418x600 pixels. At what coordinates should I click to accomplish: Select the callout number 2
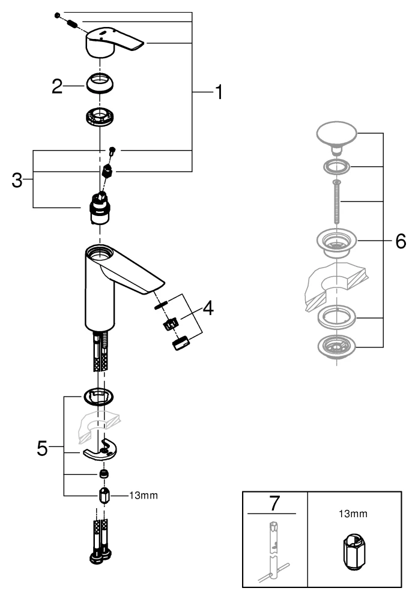[57, 86]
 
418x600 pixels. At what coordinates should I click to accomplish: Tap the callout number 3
[19, 179]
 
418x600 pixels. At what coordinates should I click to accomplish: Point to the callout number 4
[207, 308]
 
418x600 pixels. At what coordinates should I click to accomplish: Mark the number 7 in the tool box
[274, 503]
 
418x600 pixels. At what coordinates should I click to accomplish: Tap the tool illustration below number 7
[274, 552]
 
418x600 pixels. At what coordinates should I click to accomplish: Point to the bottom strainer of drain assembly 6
[336, 346]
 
